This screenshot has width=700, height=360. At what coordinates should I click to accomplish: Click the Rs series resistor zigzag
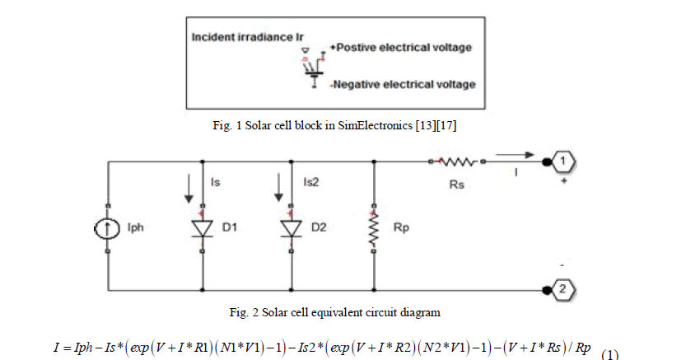464,161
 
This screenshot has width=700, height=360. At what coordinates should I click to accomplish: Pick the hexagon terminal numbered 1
559,161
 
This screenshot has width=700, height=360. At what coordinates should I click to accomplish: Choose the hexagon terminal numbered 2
559,290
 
